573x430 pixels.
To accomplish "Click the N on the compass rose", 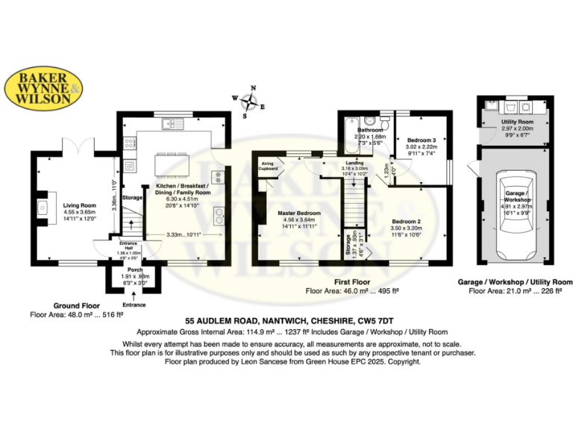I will click(253, 87).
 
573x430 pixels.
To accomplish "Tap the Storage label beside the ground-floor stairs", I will click(132, 198).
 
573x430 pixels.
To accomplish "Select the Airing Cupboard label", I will click(268, 165).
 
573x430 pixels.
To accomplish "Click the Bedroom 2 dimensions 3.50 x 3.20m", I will click(407, 228).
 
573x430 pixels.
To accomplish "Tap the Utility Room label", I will click(517, 122).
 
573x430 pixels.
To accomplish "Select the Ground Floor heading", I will click(79, 305).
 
